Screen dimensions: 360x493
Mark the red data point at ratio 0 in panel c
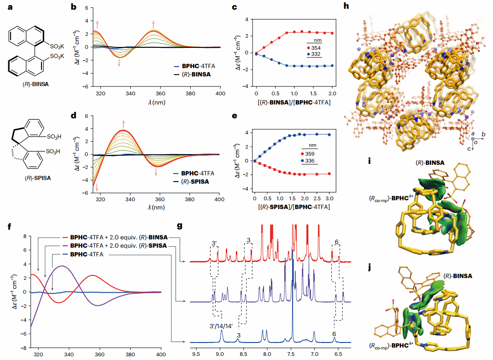click(257, 53)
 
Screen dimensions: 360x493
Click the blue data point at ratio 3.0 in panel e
click(329, 134)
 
